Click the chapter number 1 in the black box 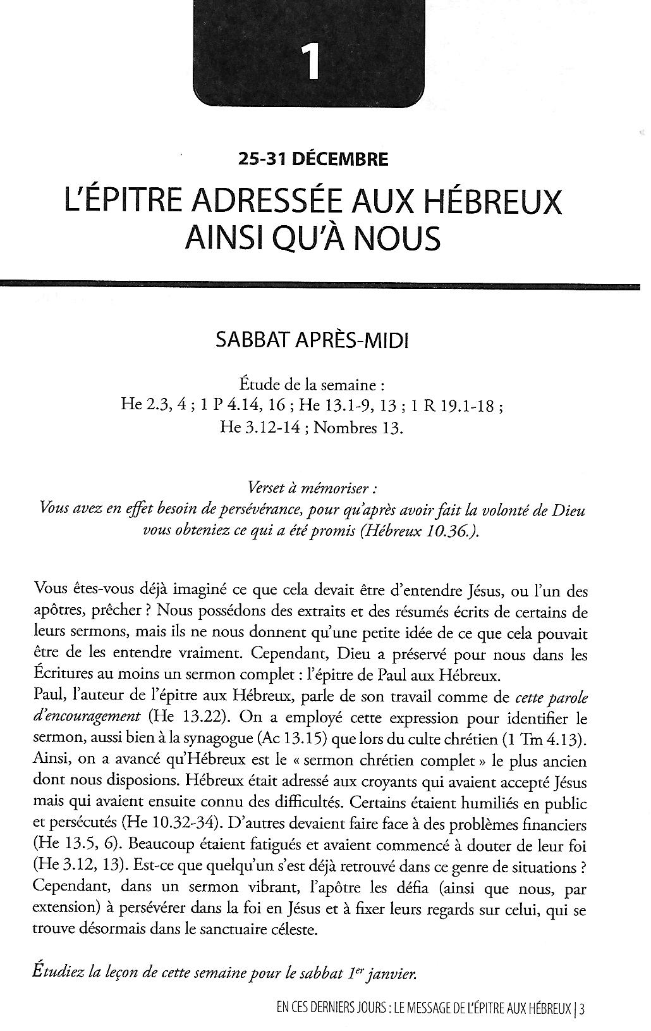310,62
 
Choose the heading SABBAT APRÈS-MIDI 312,342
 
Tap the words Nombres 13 358,428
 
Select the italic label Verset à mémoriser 313,489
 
